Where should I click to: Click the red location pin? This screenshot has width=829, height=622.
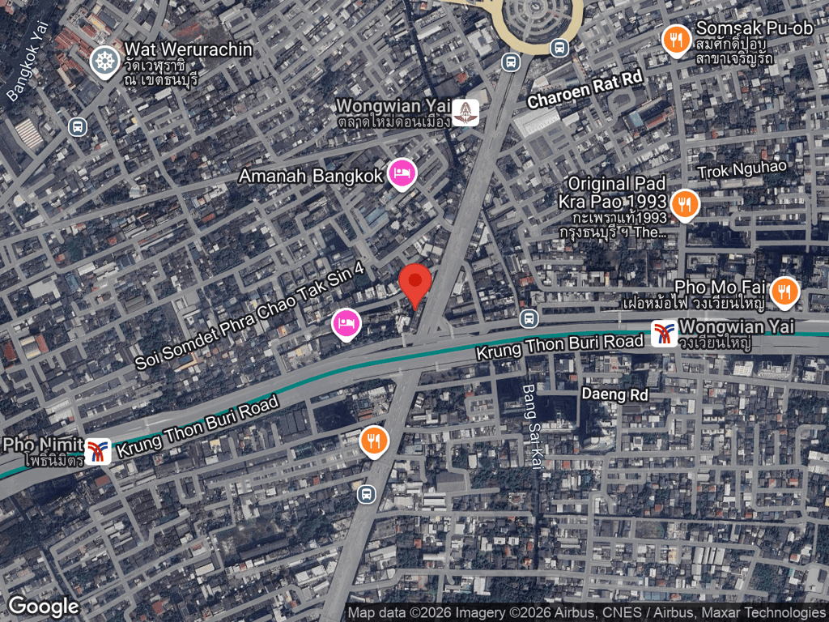[x=415, y=283]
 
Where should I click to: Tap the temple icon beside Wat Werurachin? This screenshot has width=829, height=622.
[x=104, y=62]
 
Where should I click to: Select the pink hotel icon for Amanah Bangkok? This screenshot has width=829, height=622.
[x=402, y=173]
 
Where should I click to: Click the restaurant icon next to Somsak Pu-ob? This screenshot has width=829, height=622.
[x=676, y=40]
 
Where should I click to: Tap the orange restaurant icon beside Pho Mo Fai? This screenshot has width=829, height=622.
[x=783, y=292]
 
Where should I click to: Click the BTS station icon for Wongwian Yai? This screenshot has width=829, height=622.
[x=665, y=333]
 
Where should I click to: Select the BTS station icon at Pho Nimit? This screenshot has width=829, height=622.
[x=98, y=451]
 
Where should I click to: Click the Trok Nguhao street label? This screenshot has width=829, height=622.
[x=742, y=169]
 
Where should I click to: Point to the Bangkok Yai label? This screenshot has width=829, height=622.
[x=29, y=61]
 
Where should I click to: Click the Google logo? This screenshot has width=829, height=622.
[x=44, y=606]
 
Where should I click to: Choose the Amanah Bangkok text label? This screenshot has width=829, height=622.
[x=310, y=176]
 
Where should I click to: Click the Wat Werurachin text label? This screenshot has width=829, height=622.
[x=188, y=49]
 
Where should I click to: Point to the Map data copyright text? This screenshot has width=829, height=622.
[x=587, y=613]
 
